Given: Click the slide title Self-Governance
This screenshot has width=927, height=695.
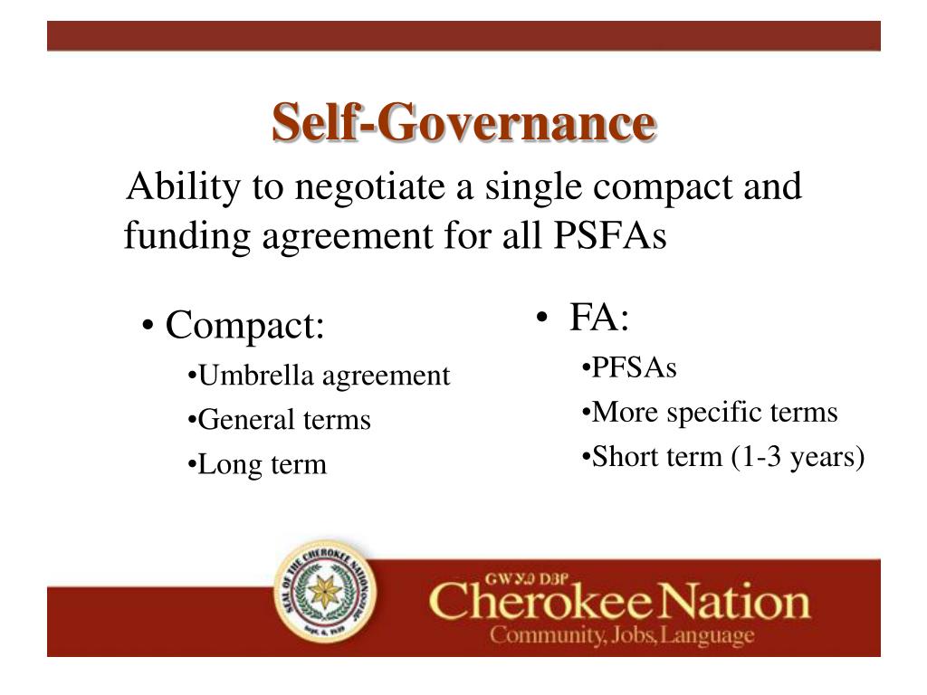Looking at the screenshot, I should [463, 123].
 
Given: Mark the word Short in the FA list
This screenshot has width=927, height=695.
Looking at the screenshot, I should [616, 458].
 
